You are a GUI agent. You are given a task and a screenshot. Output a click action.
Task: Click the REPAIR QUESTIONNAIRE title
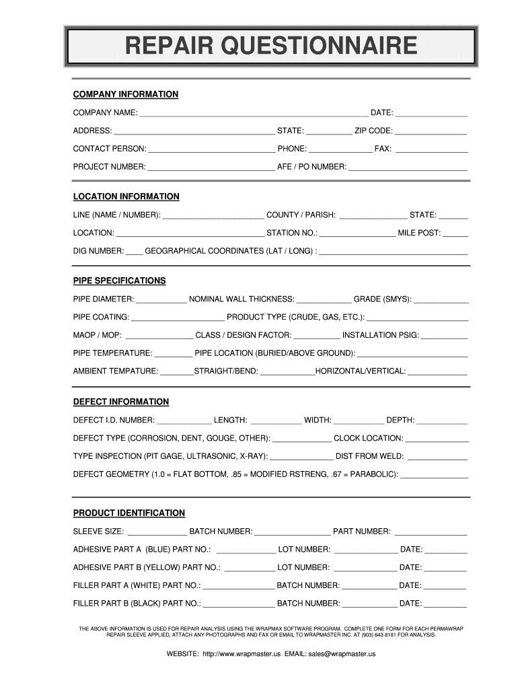(270, 47)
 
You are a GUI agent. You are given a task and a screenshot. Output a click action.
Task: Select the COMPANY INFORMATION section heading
(125, 94)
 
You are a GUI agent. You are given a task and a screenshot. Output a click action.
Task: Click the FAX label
(383, 149)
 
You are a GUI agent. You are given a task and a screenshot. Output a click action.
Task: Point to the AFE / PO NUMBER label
(311, 167)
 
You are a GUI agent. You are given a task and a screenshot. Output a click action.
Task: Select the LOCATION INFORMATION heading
(126, 197)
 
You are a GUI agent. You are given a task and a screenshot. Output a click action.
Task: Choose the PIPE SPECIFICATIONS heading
(119, 281)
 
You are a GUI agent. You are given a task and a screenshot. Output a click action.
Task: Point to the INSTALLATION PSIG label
(380, 335)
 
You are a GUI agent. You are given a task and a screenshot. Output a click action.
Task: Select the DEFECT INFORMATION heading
(121, 402)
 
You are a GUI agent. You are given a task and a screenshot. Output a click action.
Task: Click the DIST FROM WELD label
(369, 456)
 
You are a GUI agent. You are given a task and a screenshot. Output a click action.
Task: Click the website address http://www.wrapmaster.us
(241, 654)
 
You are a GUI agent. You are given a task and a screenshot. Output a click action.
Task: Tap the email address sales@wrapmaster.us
(342, 654)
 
